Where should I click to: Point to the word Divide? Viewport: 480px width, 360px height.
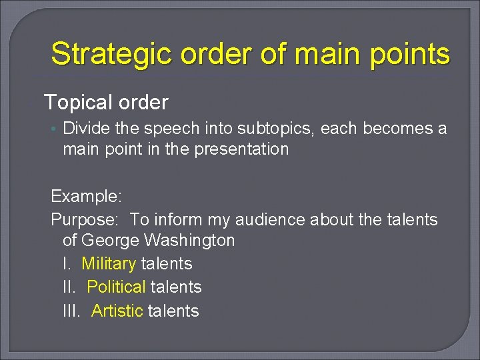(x=84, y=128)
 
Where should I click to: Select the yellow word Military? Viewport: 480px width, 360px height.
(x=109, y=263)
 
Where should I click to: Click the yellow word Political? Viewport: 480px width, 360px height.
(x=116, y=287)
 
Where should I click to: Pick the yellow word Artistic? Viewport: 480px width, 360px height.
(x=117, y=311)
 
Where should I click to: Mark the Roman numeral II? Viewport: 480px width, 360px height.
(x=69, y=287)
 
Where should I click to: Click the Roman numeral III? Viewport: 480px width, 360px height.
(x=71, y=311)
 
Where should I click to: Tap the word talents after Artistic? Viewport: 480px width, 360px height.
(x=173, y=311)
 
